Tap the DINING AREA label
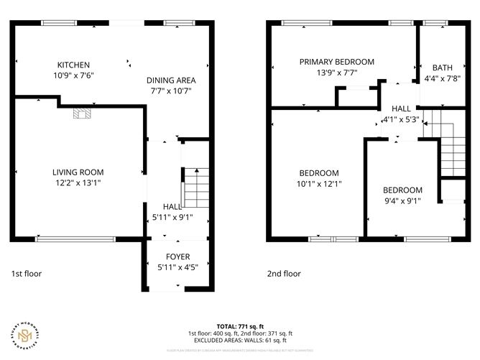click(171, 80)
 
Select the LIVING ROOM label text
click(78, 172)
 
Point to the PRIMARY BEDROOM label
click(337, 62)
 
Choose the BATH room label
click(442, 68)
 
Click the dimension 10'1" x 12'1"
click(319, 184)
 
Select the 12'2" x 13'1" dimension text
click(78, 183)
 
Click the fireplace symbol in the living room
click(81, 112)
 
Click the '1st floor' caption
click(26, 274)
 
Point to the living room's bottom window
click(75, 239)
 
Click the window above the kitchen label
click(60, 22)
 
